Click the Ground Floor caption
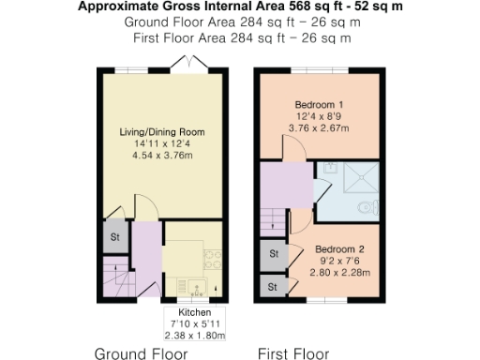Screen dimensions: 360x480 pos(142,353)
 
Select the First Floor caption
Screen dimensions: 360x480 pos(293,353)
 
